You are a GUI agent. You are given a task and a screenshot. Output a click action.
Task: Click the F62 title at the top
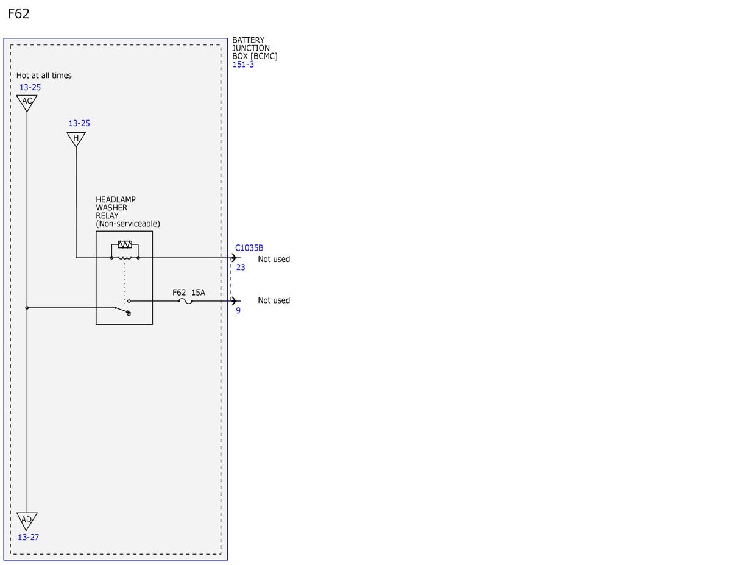point(18,14)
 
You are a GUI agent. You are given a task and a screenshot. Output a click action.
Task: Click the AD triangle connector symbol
point(27,521)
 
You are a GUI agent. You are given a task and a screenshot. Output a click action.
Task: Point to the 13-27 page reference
point(28,537)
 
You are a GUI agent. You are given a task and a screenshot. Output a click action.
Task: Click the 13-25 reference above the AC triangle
point(30,88)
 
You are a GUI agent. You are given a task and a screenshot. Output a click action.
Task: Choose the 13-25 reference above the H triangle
point(79,123)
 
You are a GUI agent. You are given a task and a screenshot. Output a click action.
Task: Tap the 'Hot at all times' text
point(44,76)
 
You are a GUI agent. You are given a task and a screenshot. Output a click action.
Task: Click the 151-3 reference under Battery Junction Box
point(243,64)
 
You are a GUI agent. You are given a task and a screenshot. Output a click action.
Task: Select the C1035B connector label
point(249,248)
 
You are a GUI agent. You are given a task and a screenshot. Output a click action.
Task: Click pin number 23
point(241,267)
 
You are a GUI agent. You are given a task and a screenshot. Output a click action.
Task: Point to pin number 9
point(238,311)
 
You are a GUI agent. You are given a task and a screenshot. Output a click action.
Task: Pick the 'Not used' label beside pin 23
point(274,259)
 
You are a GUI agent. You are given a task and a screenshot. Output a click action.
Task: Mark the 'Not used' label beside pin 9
point(274,300)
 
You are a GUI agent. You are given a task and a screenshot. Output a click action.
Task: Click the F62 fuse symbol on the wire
point(185,301)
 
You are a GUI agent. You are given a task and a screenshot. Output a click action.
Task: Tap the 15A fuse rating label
point(198,293)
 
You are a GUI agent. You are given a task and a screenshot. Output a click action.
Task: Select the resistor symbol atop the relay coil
point(125,244)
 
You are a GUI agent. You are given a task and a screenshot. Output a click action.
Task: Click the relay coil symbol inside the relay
point(125,258)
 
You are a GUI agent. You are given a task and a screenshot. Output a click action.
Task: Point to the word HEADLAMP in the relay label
point(116,199)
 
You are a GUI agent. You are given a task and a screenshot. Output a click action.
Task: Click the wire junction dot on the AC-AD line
point(27,308)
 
